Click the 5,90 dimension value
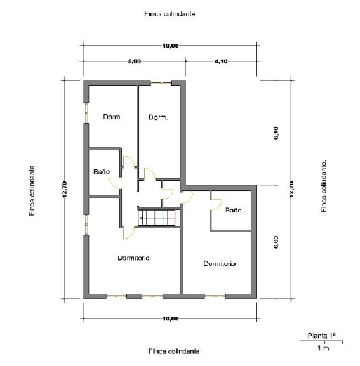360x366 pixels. (135, 62)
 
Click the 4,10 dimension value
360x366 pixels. (221, 62)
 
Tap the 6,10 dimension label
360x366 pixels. (276, 133)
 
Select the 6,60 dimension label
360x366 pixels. (276, 242)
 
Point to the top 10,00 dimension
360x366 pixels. (170, 46)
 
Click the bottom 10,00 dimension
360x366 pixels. (170, 318)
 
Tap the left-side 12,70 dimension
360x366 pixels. (65, 189)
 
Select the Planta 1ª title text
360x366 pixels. (321, 336)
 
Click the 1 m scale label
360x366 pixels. (323, 348)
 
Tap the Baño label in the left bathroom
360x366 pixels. (102, 171)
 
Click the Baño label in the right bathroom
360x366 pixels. (233, 210)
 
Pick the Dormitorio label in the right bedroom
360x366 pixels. (220, 263)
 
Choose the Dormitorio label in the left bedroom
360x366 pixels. (133, 258)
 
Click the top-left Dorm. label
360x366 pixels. (112, 117)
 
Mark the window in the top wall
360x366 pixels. (161, 82)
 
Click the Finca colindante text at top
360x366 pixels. (170, 14)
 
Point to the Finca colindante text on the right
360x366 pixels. (323, 186)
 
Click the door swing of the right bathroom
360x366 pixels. (217, 204)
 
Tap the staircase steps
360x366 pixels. (157, 218)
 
